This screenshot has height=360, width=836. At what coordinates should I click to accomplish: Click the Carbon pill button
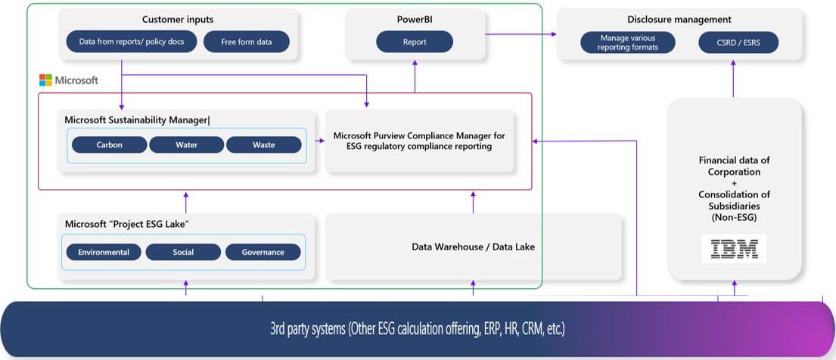[x=109, y=145]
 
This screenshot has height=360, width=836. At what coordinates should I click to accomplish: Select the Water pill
[x=186, y=145]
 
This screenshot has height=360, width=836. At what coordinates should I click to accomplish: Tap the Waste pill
[x=263, y=145]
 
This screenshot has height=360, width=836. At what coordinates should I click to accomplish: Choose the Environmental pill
[x=104, y=252]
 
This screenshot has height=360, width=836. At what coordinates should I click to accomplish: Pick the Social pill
[x=183, y=252]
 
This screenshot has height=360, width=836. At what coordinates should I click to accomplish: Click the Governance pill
[x=263, y=252]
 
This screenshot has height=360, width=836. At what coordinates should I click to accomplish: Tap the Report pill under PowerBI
[x=415, y=42]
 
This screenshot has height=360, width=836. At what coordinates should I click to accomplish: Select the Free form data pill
[x=247, y=42]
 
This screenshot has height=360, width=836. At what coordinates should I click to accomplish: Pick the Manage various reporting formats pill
[x=629, y=42]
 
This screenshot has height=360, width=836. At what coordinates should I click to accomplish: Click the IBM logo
[x=733, y=249]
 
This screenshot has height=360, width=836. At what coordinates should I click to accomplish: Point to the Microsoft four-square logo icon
[x=45, y=80]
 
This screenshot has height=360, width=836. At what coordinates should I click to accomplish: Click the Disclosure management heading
[x=679, y=20]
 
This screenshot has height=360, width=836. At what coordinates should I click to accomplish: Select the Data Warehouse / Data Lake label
[x=473, y=247]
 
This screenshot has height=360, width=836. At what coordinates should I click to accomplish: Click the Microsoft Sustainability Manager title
[x=137, y=119]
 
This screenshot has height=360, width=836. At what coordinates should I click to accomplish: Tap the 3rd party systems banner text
[x=418, y=330]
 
